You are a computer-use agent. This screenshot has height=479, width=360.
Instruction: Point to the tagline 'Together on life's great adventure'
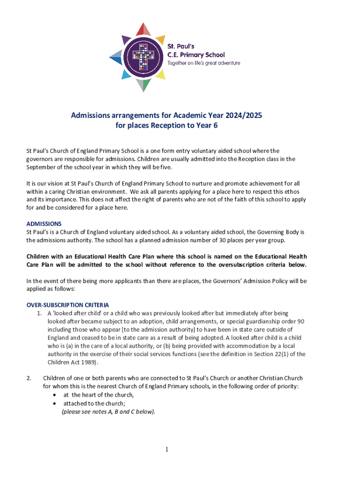tap(204, 63)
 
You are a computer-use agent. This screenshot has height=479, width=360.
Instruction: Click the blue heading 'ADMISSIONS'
tap(44, 224)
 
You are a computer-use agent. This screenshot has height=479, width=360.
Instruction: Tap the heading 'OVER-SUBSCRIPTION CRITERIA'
tap(68, 305)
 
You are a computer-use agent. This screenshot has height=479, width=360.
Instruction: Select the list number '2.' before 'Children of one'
tap(29, 378)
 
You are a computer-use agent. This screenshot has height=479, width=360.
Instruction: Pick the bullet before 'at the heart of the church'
tap(56, 395)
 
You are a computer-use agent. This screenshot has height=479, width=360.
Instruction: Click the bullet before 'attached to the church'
tap(56, 403)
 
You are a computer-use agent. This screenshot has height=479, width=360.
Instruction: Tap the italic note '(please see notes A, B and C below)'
tap(108, 412)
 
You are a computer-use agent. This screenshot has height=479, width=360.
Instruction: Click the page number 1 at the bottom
tap(166, 450)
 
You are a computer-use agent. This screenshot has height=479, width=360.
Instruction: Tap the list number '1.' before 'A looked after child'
tap(40, 312)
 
